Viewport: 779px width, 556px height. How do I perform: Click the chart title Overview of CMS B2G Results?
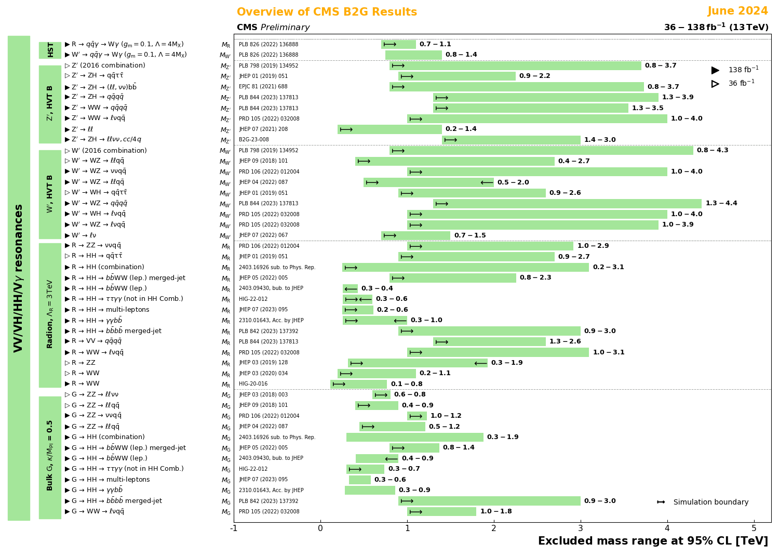point(327,12)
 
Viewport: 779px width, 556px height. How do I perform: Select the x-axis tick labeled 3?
point(581,528)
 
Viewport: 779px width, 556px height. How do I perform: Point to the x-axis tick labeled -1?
point(234,528)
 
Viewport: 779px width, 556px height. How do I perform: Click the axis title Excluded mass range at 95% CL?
point(653,541)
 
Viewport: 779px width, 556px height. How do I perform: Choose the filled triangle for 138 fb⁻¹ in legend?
point(715,70)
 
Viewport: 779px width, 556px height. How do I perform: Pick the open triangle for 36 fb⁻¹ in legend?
point(715,84)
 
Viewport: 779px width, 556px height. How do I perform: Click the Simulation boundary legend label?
point(710,502)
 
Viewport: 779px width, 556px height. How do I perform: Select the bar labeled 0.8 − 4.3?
point(541,151)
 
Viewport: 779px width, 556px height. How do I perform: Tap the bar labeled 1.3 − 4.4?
point(567,204)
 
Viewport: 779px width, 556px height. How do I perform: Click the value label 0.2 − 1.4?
point(461,129)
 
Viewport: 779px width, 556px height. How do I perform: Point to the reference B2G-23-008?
point(254,140)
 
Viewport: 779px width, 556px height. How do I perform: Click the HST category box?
point(50,50)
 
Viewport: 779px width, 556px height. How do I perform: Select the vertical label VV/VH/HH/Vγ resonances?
point(19,278)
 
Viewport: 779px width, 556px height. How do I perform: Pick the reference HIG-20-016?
point(253,384)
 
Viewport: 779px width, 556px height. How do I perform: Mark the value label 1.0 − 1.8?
point(495,512)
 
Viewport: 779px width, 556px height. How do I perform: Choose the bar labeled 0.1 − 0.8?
point(359,384)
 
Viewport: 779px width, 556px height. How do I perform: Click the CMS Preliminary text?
point(273,28)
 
